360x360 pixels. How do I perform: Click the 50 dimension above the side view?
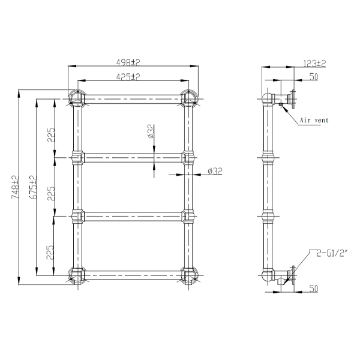pos(313,77)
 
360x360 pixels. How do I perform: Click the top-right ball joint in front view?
pos(188,98)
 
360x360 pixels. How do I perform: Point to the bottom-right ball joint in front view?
pos(188,274)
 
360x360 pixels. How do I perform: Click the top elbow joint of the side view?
pos(266,98)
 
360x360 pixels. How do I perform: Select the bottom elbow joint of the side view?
pos(266,275)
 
